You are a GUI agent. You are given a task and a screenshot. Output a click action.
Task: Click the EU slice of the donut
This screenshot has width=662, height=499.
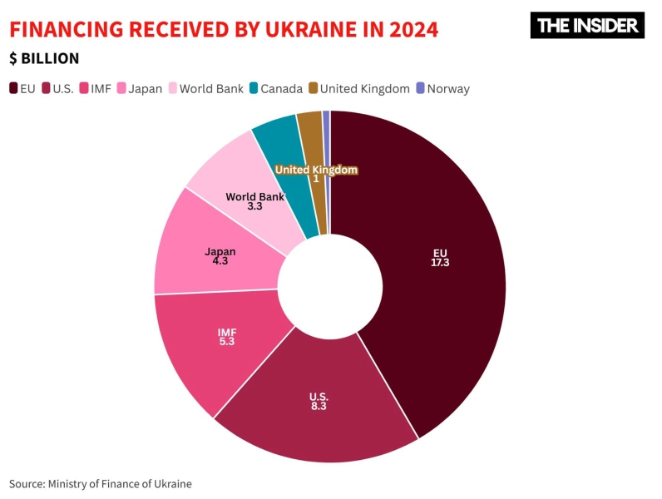tap(432, 274)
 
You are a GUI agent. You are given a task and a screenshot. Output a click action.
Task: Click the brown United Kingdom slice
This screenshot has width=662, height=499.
tap(311, 133)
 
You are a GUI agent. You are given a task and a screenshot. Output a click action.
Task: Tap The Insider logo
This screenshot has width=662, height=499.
tap(587, 25)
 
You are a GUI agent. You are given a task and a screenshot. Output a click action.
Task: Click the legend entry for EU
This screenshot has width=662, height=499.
tap(22, 88)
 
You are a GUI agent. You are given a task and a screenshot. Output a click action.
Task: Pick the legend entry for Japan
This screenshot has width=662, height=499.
tap(139, 88)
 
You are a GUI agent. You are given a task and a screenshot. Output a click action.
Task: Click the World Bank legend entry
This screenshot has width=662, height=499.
tap(206, 88)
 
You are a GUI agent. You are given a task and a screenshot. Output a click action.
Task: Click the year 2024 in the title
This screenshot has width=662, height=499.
tap(408, 29)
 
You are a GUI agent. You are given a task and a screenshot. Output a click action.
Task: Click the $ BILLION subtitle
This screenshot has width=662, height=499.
tap(45, 58)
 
